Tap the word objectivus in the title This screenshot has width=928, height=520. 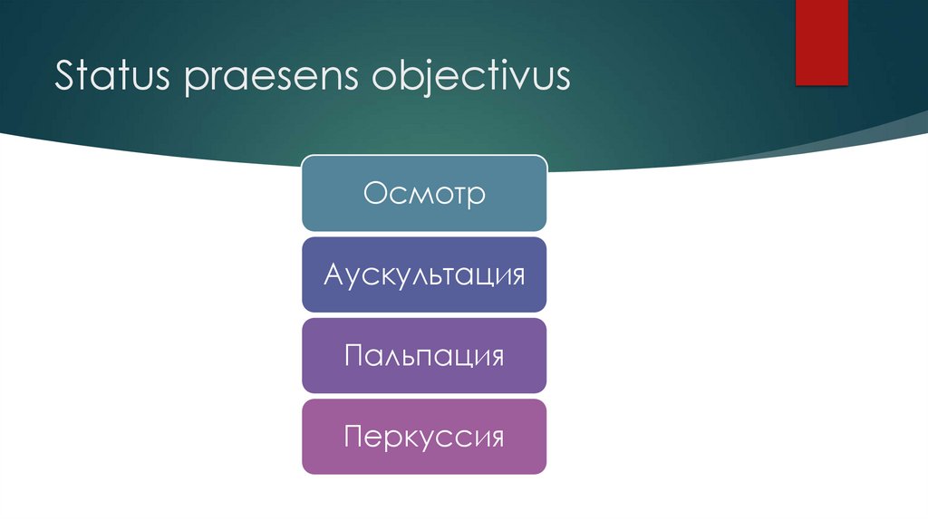470,78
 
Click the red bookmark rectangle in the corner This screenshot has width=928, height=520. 821,42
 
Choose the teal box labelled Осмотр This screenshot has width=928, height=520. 424,193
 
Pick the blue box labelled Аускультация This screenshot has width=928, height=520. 424,274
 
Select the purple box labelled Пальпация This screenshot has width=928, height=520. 424,355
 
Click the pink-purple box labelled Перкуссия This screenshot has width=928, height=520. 424,437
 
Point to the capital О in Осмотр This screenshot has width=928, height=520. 375,193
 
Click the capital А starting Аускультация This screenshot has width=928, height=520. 333,274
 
